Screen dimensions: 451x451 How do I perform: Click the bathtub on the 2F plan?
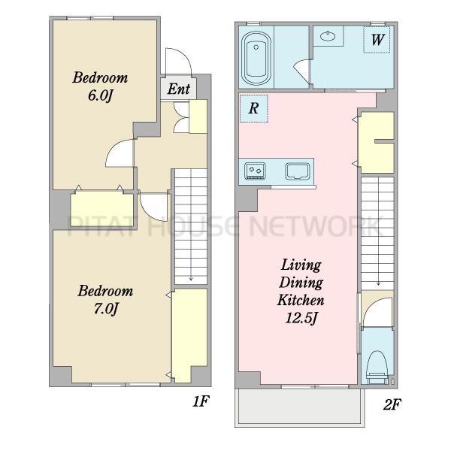coord(256,58)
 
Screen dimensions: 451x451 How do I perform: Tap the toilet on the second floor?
coord(377,368)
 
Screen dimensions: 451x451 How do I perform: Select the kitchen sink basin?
coord(298,171)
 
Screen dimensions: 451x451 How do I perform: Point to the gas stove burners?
coord(255,171)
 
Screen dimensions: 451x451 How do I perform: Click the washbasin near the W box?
coord(328,36)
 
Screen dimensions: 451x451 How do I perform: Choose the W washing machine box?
coord(377,40)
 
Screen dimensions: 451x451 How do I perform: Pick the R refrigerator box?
coord(254,108)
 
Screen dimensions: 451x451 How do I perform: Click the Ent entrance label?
coord(179,89)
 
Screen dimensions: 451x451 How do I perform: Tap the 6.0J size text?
coord(100,95)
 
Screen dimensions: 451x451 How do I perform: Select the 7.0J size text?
coord(106,309)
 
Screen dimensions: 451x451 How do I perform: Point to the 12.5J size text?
coord(301,318)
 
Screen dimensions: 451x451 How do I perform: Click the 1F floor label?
coord(201,401)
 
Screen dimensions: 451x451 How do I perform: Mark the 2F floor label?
coord(392,404)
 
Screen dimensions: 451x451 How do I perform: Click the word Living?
coord(301,265)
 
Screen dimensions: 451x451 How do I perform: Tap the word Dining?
coord(301,283)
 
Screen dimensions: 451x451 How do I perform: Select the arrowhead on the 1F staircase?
coord(191,278)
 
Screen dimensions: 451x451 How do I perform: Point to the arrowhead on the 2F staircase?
coord(379,283)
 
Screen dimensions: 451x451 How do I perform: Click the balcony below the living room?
coord(300,407)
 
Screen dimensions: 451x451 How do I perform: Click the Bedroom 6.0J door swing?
coord(120,153)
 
